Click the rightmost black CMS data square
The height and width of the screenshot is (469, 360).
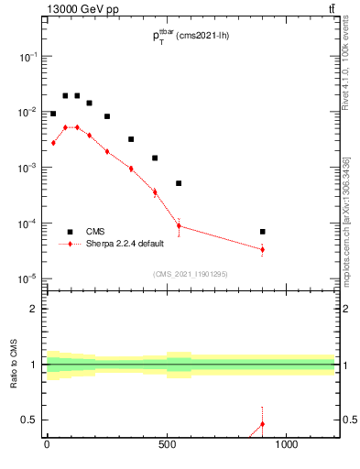pyautogui.click(x=263, y=232)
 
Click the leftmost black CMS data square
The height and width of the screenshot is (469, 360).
pyautogui.click(x=53, y=114)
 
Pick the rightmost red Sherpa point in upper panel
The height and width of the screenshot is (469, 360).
pyautogui.click(x=263, y=249)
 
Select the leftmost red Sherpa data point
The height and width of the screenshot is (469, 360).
pyautogui.click(x=53, y=143)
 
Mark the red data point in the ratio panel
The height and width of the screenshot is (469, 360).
pyautogui.click(x=263, y=423)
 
